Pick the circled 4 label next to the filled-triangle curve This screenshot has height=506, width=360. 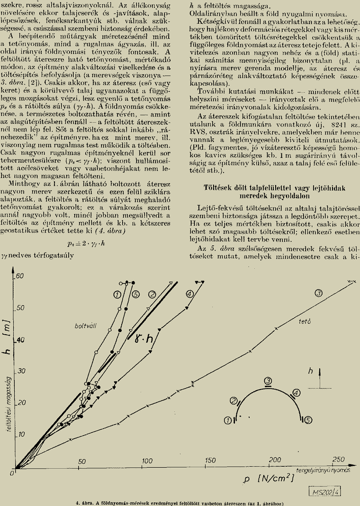pyautogui.click(x=190, y=294)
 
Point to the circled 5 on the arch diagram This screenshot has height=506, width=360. pyautogui.click(x=308, y=419)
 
